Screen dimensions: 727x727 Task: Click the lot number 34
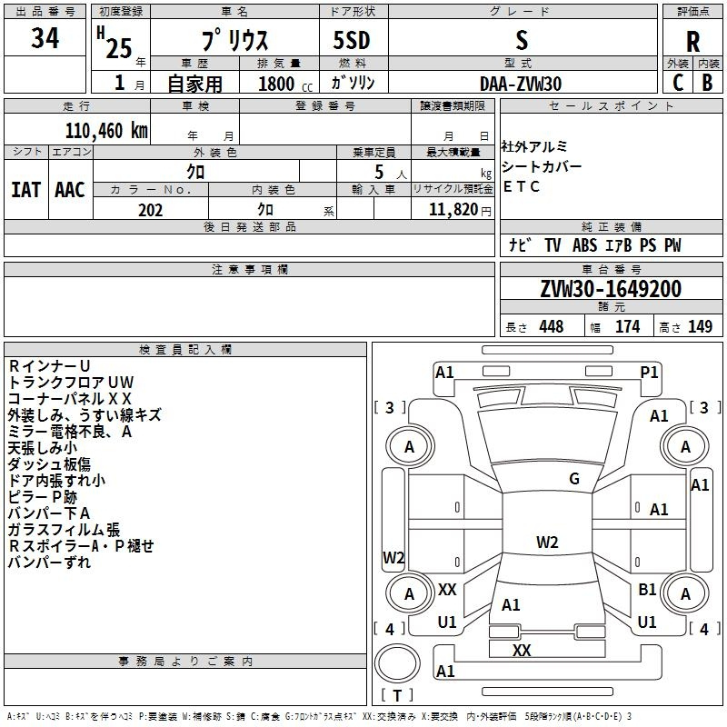coord(45,40)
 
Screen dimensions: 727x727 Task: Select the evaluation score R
coord(692,41)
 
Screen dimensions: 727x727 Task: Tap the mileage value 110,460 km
coord(106,130)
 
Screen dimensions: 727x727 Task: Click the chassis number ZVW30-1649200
coord(610,289)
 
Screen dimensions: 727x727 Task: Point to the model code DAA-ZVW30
coord(521,83)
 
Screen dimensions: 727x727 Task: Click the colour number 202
coord(150,210)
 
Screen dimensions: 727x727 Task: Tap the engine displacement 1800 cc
coord(278,84)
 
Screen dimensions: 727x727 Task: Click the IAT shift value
coord(25,189)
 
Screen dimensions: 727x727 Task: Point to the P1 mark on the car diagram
coord(649,372)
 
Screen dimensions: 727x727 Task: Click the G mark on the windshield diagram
coord(573,479)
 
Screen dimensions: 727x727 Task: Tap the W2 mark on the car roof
coord(547,543)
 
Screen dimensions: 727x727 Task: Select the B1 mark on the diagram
coord(647,590)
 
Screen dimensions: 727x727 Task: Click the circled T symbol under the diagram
coord(397,696)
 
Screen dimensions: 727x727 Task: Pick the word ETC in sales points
coord(522,187)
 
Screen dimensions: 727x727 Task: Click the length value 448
coord(551,327)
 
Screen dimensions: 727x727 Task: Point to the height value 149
coord(700,327)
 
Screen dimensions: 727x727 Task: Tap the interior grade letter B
coord(707,83)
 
